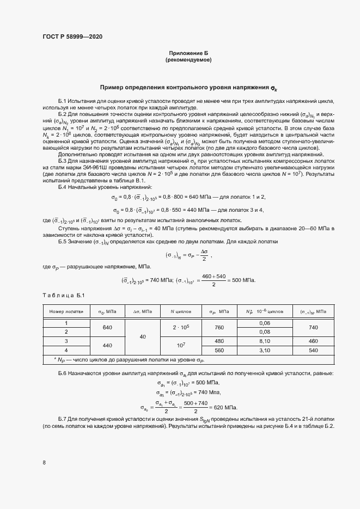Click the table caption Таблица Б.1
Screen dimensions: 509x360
coord(62,295)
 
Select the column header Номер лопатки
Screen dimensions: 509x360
coord(66,311)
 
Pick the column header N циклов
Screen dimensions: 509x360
coord(181,311)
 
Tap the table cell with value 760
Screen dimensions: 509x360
coord(219,328)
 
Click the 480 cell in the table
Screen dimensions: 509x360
coord(219,341)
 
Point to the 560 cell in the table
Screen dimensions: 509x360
coord(219,350)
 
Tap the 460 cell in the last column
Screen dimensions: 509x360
coord(313,341)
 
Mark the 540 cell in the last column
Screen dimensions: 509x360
coord(313,350)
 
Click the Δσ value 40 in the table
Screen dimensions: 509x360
coord(143,337)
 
